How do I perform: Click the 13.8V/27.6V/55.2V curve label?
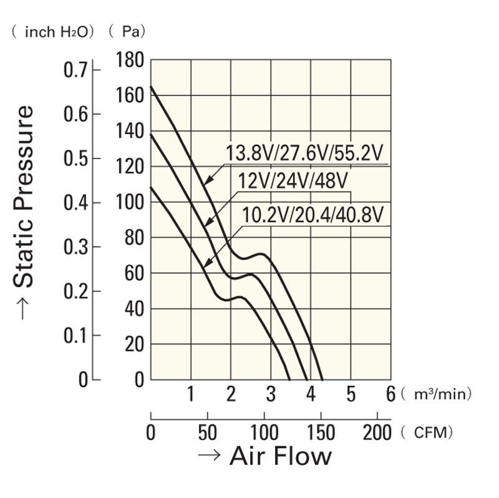tap(304, 153)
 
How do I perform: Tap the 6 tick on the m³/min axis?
tap(391, 395)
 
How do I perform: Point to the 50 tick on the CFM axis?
tap(207, 432)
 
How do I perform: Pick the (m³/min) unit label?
tap(436, 395)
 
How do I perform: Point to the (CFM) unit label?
tap(427, 432)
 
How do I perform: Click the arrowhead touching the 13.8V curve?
tap(206, 181)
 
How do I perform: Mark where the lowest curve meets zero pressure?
tap(289, 379)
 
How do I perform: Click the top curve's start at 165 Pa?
tap(151, 87)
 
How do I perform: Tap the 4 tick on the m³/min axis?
tap(311, 395)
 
